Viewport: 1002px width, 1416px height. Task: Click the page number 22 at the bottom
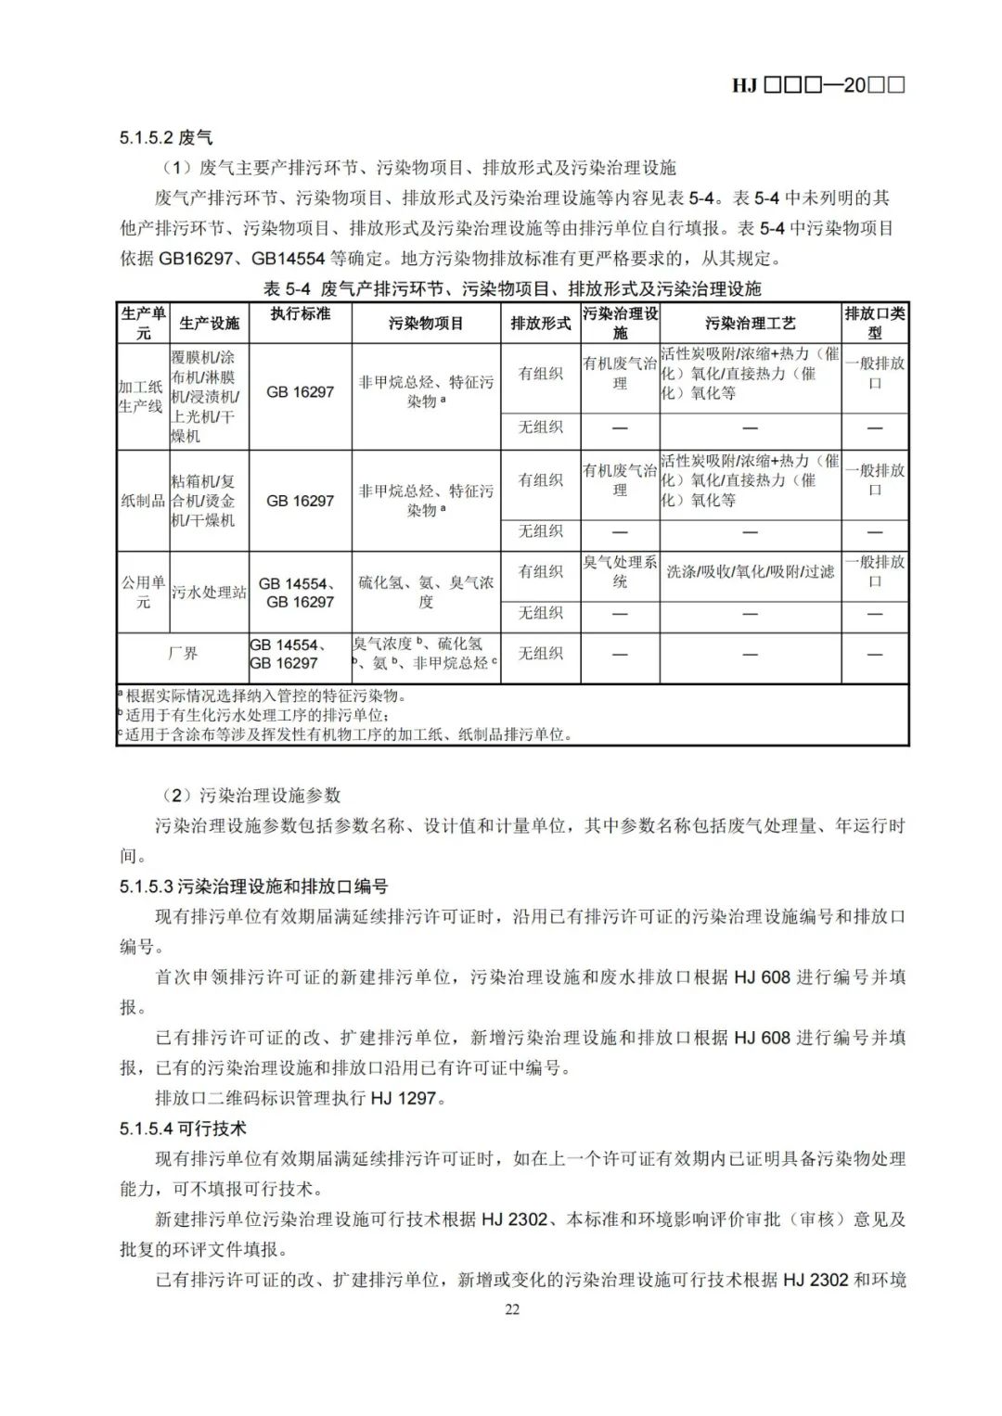click(512, 1308)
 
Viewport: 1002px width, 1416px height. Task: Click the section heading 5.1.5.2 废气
click(166, 137)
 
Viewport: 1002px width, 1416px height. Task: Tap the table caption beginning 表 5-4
click(512, 288)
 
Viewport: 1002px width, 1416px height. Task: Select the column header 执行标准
click(301, 313)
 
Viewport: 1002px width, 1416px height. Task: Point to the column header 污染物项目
click(426, 323)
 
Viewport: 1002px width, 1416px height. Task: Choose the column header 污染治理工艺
click(750, 323)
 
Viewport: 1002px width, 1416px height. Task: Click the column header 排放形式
click(541, 323)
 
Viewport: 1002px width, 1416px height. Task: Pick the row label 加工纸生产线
click(141, 396)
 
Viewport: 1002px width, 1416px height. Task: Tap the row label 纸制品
click(142, 501)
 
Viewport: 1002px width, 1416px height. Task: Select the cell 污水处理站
click(209, 592)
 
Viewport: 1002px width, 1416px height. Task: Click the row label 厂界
click(183, 654)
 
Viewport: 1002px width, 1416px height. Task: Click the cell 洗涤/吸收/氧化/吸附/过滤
click(750, 572)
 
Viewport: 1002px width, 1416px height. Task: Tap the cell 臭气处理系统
click(620, 572)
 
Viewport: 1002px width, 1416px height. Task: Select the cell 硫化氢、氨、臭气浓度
click(426, 592)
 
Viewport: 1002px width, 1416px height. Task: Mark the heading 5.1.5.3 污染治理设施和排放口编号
click(253, 887)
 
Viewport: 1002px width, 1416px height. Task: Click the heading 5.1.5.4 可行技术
click(183, 1129)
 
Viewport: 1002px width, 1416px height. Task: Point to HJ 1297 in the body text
click(404, 1098)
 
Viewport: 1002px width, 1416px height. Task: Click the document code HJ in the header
click(744, 85)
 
